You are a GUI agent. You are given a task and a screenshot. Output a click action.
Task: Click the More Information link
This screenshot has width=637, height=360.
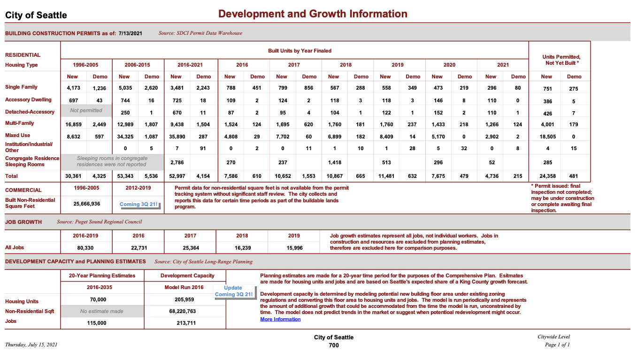(280, 319)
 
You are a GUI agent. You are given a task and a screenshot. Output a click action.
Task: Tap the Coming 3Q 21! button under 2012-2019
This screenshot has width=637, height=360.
(138, 205)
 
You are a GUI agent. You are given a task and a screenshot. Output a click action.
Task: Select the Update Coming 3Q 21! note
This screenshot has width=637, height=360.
(233, 291)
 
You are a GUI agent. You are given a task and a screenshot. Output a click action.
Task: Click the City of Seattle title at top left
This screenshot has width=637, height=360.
(36, 15)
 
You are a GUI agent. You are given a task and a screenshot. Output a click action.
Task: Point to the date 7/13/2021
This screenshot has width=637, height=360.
(130, 33)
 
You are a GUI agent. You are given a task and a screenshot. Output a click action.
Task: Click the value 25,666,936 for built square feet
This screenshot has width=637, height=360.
(86, 204)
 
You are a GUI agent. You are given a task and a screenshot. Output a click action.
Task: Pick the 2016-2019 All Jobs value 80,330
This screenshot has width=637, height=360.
(86, 248)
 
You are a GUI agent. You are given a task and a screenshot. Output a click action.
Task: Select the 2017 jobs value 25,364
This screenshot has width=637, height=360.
(190, 248)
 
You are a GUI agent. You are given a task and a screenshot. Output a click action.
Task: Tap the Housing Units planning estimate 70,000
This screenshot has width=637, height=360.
(98, 299)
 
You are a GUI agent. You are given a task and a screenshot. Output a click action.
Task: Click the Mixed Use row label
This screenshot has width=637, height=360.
(18, 135)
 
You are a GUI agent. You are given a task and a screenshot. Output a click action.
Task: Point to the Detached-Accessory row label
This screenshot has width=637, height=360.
(30, 112)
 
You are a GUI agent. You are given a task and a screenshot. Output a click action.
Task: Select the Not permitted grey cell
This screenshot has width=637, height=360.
(86, 111)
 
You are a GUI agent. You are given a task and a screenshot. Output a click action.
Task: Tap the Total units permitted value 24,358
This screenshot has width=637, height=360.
(547, 176)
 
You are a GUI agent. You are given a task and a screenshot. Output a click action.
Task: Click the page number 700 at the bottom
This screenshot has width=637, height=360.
(333, 345)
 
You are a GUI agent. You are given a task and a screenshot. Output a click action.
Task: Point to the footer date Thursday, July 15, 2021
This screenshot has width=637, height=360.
(31, 345)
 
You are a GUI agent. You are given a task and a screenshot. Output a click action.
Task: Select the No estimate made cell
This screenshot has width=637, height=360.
(102, 311)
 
